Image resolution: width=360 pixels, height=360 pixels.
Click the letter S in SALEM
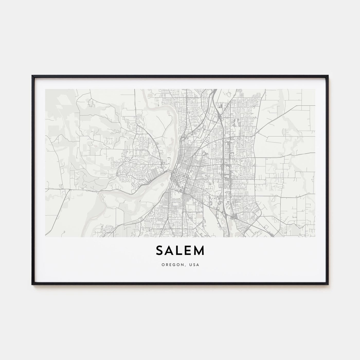(x=160, y=251)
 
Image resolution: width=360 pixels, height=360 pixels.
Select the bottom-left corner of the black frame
(x=32, y=284)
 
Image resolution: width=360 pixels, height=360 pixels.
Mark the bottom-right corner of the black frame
(x=328, y=284)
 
